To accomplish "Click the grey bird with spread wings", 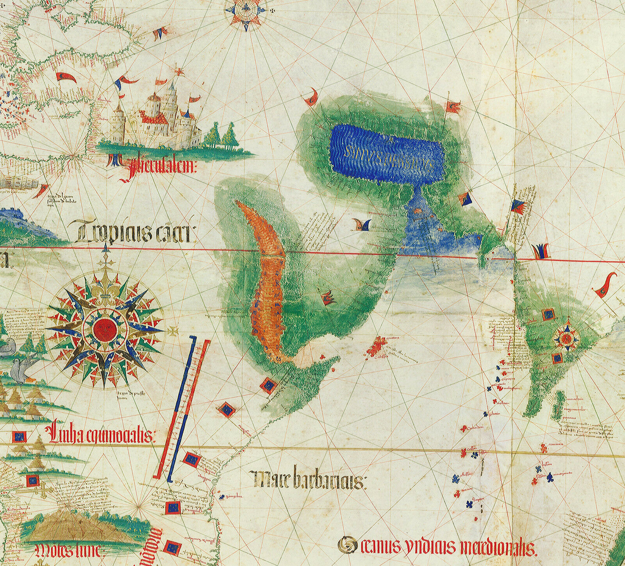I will coord(21,369).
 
